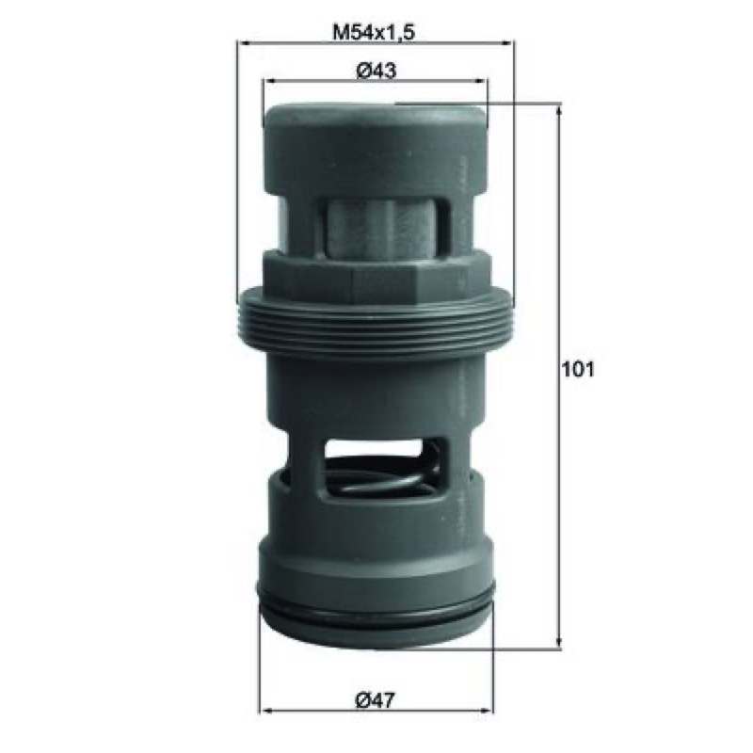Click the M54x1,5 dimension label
tap(374, 33)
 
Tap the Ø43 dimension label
tap(376, 71)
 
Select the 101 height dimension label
tap(578, 369)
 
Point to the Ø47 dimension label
tap(375, 700)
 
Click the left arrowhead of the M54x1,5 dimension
tap(244, 43)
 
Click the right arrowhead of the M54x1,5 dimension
tap(508, 43)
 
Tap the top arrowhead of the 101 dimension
tap(558, 111)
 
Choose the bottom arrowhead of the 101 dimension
tap(558, 643)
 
